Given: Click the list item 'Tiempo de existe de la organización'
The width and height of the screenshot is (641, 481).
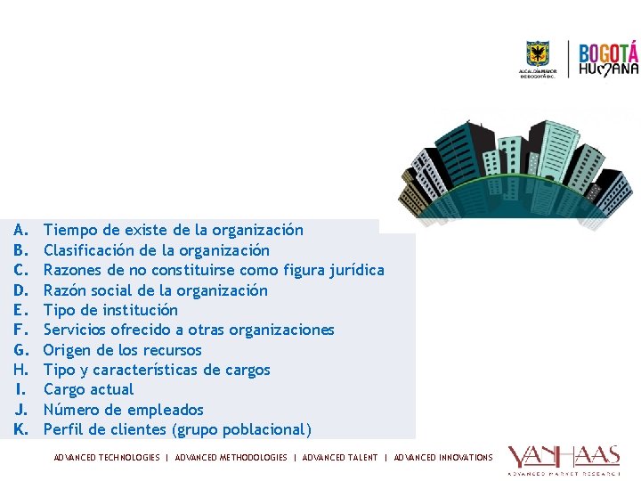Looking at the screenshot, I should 173,231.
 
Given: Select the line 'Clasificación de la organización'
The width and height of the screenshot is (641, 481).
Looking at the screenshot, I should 156,250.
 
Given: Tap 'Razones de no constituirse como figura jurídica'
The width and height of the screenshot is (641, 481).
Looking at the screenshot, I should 214,270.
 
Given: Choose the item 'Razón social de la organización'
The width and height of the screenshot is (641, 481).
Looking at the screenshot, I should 155,290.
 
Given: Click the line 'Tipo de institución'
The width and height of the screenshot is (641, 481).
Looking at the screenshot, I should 110,310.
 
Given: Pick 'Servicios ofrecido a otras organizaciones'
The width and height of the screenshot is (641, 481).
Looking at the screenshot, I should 189,330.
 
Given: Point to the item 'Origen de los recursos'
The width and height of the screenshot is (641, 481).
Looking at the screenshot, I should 122,350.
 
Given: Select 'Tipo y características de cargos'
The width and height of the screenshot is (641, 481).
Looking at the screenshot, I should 157,370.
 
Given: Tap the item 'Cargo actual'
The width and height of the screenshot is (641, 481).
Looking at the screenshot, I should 88,389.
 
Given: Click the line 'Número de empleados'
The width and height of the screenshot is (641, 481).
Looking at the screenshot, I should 123,410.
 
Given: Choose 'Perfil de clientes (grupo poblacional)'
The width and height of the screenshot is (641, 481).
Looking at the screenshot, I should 177,429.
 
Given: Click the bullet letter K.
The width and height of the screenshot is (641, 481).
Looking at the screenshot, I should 21,429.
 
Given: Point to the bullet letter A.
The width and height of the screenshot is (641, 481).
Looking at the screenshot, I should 21,231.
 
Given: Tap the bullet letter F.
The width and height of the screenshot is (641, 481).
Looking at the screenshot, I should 21,330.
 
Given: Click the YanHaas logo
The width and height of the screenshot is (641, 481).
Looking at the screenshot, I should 564,460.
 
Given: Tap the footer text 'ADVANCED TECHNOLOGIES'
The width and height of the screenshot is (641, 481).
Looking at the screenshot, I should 107,458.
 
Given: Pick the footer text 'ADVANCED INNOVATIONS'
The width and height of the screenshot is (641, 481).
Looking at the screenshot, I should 443,458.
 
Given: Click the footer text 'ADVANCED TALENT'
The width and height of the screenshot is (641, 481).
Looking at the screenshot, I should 340,458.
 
